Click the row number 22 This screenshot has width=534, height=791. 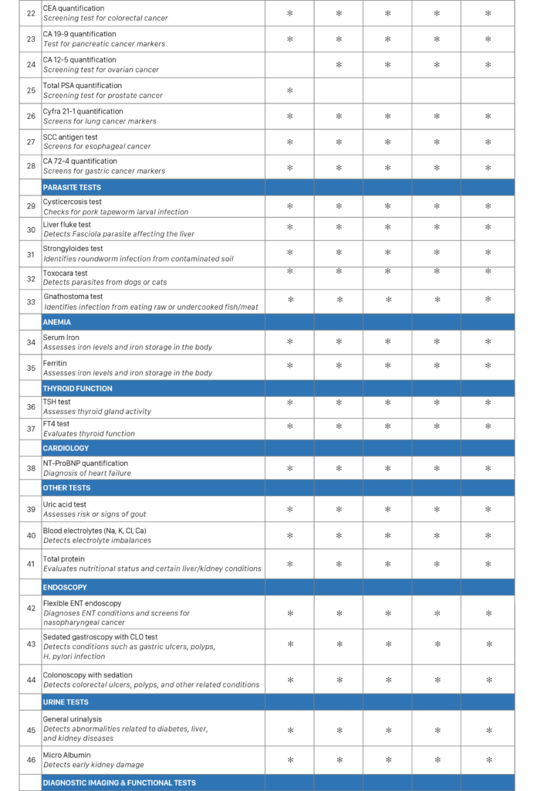click(31, 13)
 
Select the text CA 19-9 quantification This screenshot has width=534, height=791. click(79, 34)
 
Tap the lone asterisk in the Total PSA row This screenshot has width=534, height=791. click(289, 90)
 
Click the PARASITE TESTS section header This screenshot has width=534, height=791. click(72, 187)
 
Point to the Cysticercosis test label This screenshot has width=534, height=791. click(72, 202)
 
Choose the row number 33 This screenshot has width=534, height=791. click(31, 302)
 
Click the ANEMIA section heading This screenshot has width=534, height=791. click(57, 322)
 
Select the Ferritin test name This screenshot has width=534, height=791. click(55, 362)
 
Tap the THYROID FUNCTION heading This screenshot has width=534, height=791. click(77, 389)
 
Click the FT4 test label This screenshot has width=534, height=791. click(56, 424)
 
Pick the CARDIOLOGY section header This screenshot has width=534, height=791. click(66, 448)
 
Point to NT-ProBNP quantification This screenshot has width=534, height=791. click(86, 463)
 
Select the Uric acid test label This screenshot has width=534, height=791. click(65, 504)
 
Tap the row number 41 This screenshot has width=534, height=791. click(31, 564)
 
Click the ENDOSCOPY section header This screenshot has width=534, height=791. click(65, 587)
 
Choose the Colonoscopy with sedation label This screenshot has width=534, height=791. click(87, 675)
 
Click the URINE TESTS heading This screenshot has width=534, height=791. click(66, 702)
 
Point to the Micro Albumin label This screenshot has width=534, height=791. click(66, 755)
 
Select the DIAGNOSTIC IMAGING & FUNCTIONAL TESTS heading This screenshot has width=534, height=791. click(119, 783)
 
